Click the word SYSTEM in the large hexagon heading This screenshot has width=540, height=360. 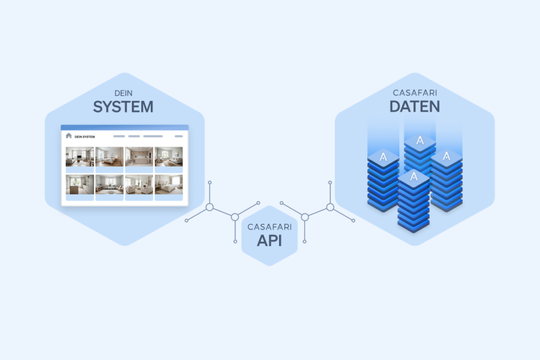pos(123,107)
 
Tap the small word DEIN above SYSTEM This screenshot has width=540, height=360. pos(123,93)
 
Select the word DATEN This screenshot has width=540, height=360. pos(414,107)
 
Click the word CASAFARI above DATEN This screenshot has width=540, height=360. pos(414,93)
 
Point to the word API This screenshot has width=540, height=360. pos(269,241)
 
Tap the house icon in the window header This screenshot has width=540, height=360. pos(69,136)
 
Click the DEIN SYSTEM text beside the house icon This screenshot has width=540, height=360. pos(84,137)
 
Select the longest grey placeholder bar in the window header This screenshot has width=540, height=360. pos(153,136)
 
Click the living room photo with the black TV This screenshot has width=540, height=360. pos(80,157)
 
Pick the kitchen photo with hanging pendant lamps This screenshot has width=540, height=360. pos(139,157)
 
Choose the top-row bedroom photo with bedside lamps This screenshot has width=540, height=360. pos(109,157)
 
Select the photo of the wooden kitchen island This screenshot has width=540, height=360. pos(80,185)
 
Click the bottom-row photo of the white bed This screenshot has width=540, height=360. pos(169,185)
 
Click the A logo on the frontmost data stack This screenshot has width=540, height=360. pos(413,177)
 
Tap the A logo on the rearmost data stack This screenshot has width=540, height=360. pos(420,141)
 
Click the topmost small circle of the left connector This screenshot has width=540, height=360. pos(209,182)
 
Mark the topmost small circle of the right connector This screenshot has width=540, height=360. pos(330,182)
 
